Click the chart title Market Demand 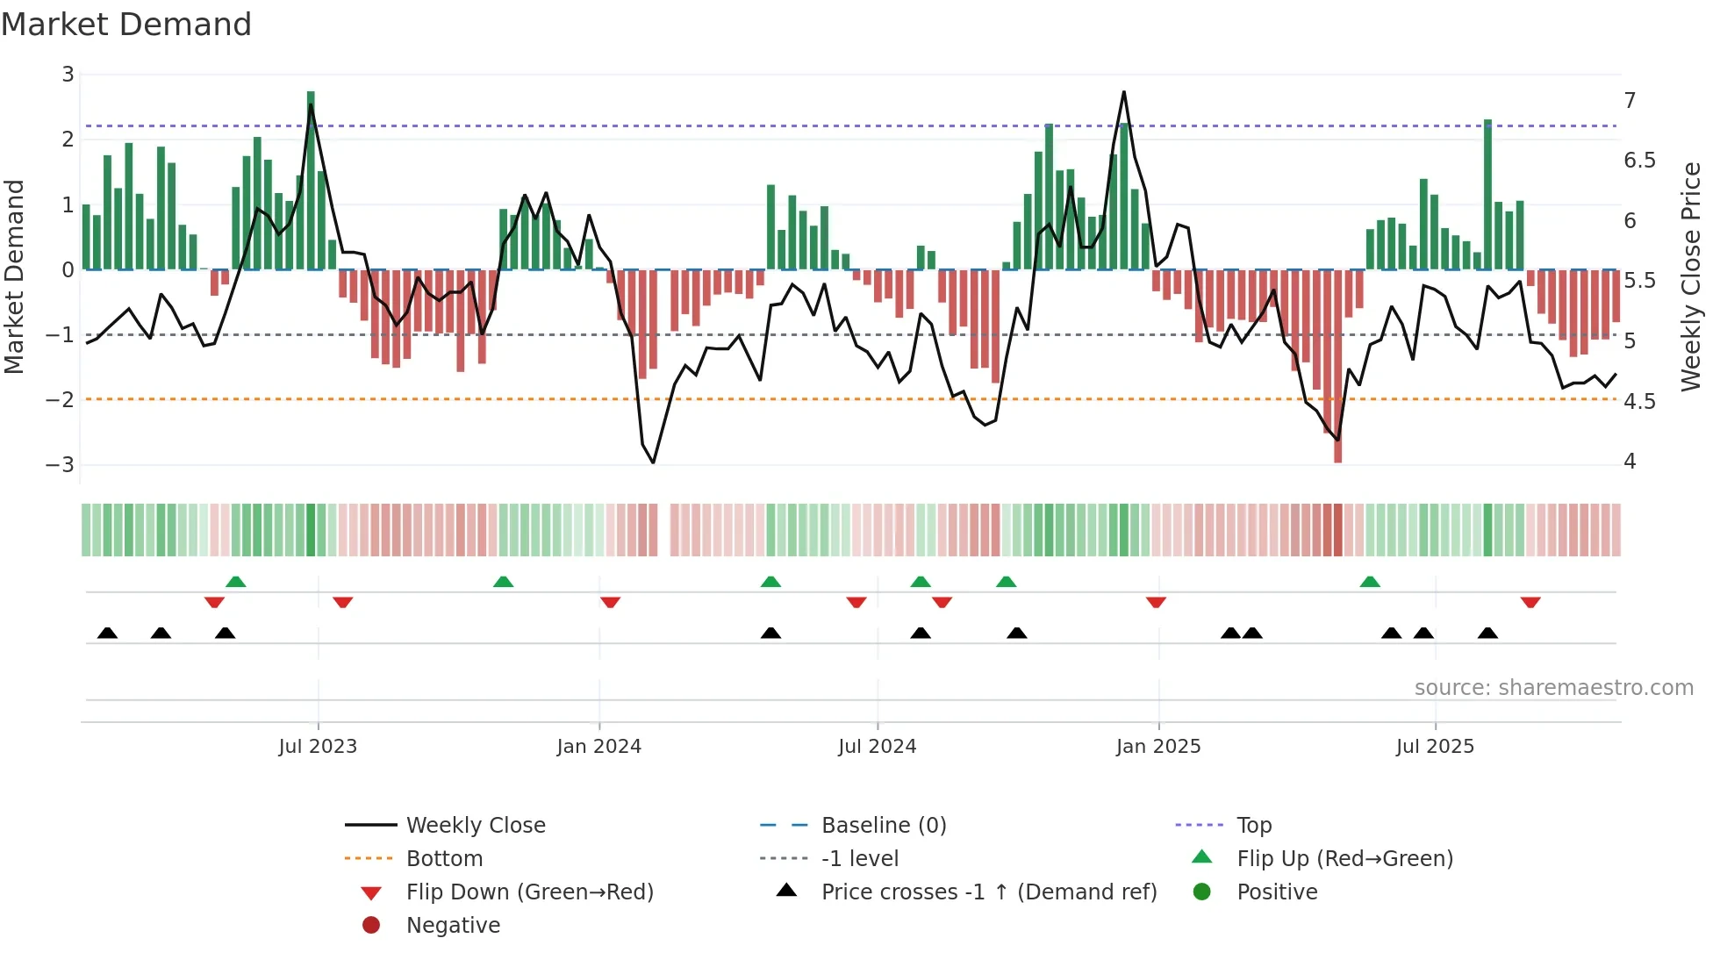pyautogui.click(x=126, y=25)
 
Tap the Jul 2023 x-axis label pyautogui.click(x=318, y=747)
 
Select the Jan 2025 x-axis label pyautogui.click(x=1158, y=747)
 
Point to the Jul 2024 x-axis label pyautogui.click(x=877, y=747)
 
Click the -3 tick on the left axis pyautogui.click(x=61, y=464)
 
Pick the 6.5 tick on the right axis pyautogui.click(x=1639, y=161)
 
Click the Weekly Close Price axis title pyautogui.click(x=1691, y=276)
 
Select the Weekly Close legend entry pyautogui.click(x=475, y=826)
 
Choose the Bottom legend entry pyautogui.click(x=444, y=859)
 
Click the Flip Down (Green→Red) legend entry pyautogui.click(x=529, y=892)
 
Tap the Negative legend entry pyautogui.click(x=453, y=926)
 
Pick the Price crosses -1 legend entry pyautogui.click(x=988, y=892)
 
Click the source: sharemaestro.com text pyautogui.click(x=1553, y=688)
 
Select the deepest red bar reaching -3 pyautogui.click(x=1337, y=369)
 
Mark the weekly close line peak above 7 pyautogui.click(x=1123, y=92)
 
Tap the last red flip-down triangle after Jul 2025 pyautogui.click(x=1530, y=602)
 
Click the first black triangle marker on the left pyautogui.click(x=107, y=633)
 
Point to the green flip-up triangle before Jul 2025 pyautogui.click(x=1370, y=582)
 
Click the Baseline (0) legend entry pyautogui.click(x=883, y=826)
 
